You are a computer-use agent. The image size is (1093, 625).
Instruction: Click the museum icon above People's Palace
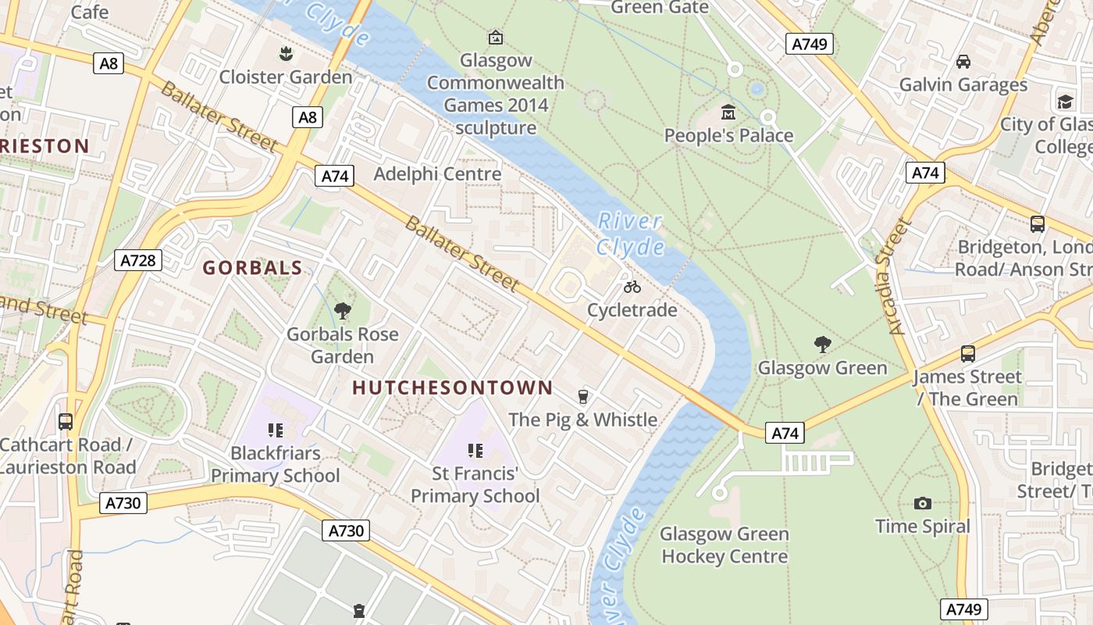coord(728,112)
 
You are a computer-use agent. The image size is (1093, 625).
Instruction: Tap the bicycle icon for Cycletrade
coord(632,287)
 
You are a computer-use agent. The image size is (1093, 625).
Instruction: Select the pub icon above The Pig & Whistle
coord(582,396)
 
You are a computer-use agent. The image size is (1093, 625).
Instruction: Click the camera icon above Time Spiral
coord(922,503)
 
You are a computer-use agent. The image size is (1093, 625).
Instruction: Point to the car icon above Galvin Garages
coord(963,61)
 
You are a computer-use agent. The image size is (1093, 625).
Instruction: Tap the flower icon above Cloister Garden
coord(286,54)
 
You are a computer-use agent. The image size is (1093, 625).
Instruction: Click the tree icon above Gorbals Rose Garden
coord(342,311)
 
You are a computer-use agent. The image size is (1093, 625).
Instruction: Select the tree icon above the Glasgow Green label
coord(822,345)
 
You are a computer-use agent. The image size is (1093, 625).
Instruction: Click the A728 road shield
coord(138,260)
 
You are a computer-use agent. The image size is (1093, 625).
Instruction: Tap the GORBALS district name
coord(252,268)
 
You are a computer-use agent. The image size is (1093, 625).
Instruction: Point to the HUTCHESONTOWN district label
coord(452,387)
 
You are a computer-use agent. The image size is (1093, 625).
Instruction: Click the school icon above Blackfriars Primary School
coord(275,430)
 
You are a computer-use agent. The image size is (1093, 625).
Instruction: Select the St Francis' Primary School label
coord(475,484)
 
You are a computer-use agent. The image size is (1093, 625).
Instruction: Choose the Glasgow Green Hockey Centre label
coord(725,545)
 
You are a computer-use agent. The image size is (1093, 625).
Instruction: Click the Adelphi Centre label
coord(437,173)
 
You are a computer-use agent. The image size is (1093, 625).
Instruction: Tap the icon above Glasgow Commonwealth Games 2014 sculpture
coord(495,37)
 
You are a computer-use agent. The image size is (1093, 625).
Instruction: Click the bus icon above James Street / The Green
coord(968,354)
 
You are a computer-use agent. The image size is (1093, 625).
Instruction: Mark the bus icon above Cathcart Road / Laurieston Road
coord(66,422)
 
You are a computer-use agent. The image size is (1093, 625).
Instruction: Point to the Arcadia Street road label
coord(899,277)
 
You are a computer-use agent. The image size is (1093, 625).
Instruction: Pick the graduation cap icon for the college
coord(1065,102)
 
